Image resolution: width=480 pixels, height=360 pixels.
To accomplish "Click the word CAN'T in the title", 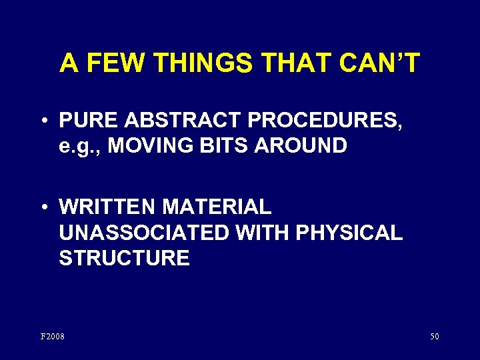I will point(379,63).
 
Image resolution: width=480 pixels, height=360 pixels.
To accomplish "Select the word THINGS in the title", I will point(201,63).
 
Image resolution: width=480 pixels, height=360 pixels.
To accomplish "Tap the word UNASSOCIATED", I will point(143,233).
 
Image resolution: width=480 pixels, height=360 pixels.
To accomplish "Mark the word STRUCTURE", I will point(124,258).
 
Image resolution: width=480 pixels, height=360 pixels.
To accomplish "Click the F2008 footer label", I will point(53,336).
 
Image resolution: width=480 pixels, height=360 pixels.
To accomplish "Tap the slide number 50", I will point(434,336).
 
